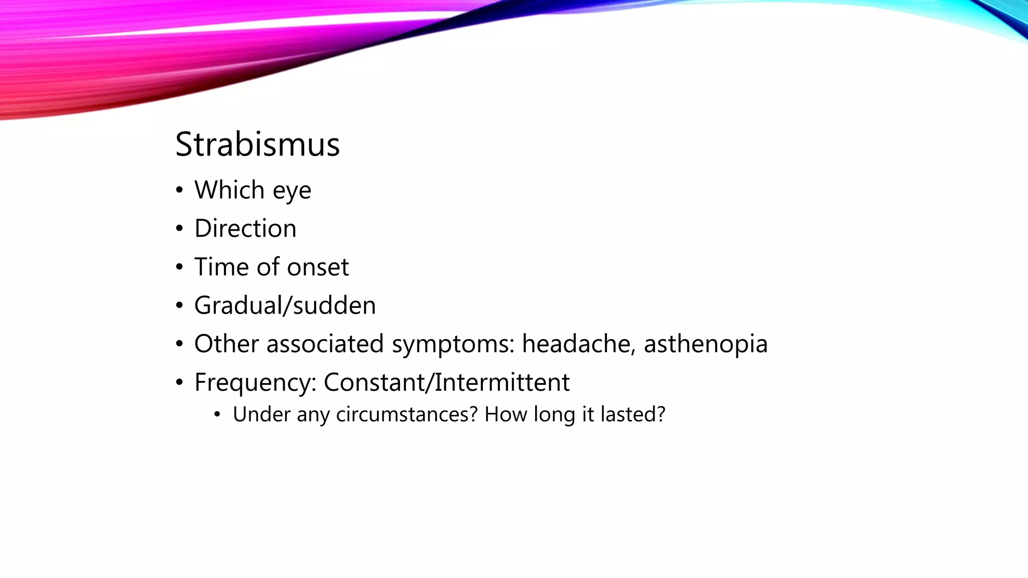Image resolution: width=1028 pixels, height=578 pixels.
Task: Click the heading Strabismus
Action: click(258, 144)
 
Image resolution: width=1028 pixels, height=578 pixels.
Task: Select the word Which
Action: click(229, 190)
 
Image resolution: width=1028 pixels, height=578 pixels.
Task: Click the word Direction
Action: click(245, 229)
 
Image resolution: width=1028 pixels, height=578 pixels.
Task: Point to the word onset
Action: click(318, 267)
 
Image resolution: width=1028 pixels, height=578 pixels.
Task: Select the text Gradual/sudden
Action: click(285, 306)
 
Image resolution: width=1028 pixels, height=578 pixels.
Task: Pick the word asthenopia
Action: click(705, 344)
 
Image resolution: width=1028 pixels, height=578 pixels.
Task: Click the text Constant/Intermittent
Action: click(446, 382)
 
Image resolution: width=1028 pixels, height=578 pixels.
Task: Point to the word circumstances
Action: click(406, 414)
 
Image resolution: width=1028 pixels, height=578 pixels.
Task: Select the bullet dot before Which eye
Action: click(179, 191)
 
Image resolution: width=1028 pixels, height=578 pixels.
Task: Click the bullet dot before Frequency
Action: click(179, 383)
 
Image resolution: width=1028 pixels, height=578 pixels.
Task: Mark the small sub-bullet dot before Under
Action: click(217, 415)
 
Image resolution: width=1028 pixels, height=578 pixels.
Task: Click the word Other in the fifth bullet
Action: click(226, 344)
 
